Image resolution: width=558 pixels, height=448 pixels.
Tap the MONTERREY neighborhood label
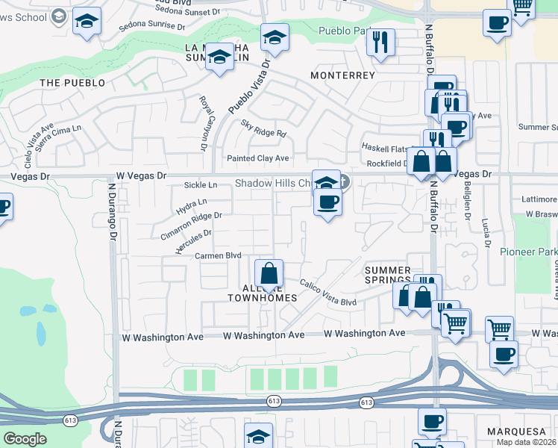342,76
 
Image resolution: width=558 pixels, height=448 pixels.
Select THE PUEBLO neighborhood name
72,83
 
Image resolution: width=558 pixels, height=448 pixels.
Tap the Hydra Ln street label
192,207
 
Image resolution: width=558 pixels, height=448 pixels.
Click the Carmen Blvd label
218,255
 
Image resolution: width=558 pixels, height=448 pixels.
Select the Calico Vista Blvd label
328,292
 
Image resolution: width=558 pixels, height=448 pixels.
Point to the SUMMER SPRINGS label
387,276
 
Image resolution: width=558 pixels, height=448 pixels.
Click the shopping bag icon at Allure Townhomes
269,274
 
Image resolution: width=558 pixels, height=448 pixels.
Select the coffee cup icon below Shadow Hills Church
327,202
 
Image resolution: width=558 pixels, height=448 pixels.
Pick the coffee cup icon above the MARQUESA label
432,421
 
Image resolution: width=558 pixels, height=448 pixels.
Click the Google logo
25,439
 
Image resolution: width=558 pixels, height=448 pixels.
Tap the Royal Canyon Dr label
203,123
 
